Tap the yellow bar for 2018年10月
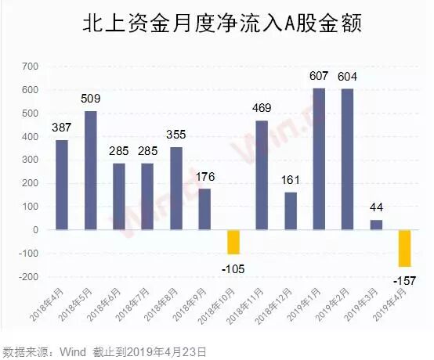coord(233,242)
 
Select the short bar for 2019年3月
coord(376,225)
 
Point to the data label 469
coord(262,109)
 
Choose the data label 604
coord(348,77)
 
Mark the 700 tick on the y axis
coord(29,67)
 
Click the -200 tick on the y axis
coord(27,277)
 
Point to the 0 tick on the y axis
coord(37,230)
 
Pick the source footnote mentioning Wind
coord(105,351)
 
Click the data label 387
coord(63,128)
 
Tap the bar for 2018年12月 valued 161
coord(291,211)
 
